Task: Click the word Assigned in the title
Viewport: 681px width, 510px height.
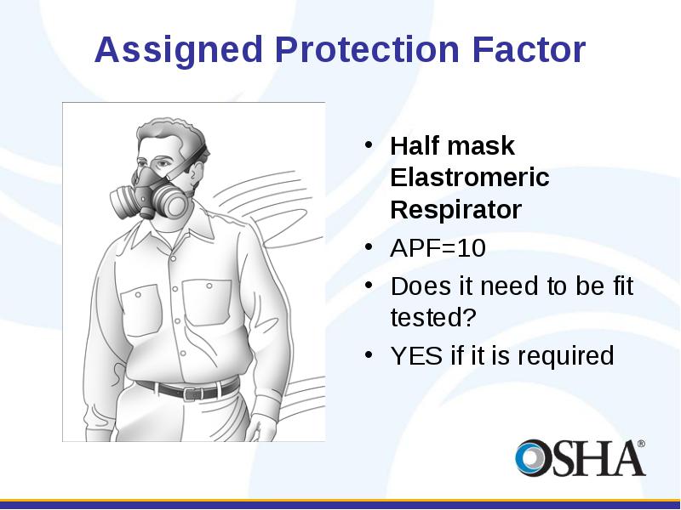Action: (179, 51)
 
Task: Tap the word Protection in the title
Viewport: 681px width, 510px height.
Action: (367, 49)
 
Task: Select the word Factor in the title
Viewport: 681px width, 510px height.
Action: (529, 49)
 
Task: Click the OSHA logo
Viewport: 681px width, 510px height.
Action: (581, 458)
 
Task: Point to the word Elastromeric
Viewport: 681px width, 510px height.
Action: (470, 177)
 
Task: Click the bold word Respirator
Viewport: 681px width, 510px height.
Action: (456, 210)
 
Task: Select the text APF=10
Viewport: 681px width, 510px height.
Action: (438, 248)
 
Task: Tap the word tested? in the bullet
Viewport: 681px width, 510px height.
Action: (433, 317)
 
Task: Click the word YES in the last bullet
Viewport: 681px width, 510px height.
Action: (416, 355)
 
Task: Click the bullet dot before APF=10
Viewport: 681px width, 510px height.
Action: (369, 247)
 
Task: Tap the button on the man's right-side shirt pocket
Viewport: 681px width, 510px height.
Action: (209, 286)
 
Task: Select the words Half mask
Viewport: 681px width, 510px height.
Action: (453, 145)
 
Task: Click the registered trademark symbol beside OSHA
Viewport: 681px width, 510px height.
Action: (642, 444)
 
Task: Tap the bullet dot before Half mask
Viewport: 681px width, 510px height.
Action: (369, 144)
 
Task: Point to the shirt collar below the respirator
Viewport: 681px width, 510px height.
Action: (174, 229)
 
